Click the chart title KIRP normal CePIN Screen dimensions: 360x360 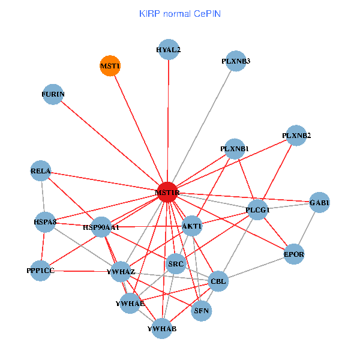[x=179, y=13]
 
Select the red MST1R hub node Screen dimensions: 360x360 [x=167, y=192]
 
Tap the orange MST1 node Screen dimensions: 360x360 [x=110, y=65]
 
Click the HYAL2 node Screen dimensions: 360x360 [x=169, y=50]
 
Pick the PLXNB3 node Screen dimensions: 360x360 [x=236, y=61]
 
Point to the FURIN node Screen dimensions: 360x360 [x=53, y=94]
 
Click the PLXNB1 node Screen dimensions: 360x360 [x=234, y=149]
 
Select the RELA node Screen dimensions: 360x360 [x=41, y=172]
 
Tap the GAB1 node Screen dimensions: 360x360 [x=319, y=203]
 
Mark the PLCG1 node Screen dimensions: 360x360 [x=258, y=209]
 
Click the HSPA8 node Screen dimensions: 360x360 [x=45, y=222]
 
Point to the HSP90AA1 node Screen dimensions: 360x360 [x=101, y=227]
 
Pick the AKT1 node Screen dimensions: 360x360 [x=192, y=226]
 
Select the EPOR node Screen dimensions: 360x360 [x=294, y=254]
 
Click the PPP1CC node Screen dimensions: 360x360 [x=41, y=271]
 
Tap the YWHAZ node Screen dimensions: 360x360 [x=121, y=271]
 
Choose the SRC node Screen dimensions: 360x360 [x=176, y=263]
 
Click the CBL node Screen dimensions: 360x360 [x=218, y=281]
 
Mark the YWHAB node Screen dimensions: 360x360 [x=162, y=328]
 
